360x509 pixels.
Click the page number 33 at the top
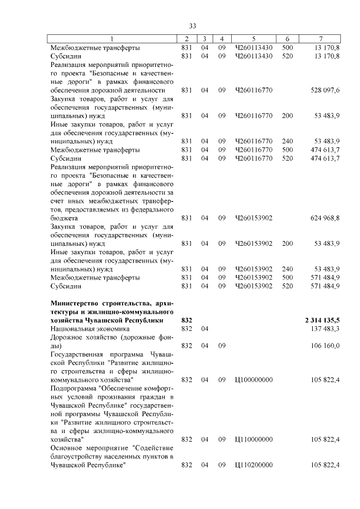(x=192, y=26)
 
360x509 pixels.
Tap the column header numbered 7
(x=320, y=39)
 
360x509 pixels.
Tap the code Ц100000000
(x=254, y=380)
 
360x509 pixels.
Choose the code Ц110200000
(x=254, y=465)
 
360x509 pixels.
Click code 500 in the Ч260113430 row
(x=287, y=48)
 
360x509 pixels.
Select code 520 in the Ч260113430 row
(x=287, y=56)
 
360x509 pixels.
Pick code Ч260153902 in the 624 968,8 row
(x=254, y=218)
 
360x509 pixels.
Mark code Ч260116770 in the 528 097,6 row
(x=254, y=90)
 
